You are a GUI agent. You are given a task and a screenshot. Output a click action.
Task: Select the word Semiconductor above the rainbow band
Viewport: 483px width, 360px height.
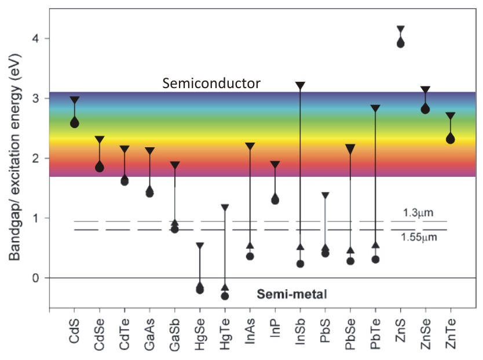point(211,83)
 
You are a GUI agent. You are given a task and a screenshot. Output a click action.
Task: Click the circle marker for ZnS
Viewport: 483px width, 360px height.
point(400,43)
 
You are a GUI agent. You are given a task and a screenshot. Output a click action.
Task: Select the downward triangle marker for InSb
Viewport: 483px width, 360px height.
point(300,86)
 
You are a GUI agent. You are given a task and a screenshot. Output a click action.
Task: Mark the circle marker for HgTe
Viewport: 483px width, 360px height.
point(225,296)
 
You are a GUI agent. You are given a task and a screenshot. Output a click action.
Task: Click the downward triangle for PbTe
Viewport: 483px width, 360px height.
point(375,108)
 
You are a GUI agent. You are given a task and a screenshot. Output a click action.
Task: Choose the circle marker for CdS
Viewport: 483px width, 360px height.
point(75,123)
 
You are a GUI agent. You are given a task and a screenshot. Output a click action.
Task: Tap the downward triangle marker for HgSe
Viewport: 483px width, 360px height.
point(200,246)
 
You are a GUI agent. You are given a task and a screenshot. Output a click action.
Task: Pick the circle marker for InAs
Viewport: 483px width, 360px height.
point(250,256)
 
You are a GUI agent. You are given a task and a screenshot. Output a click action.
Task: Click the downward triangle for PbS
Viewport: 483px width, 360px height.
point(325,196)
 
